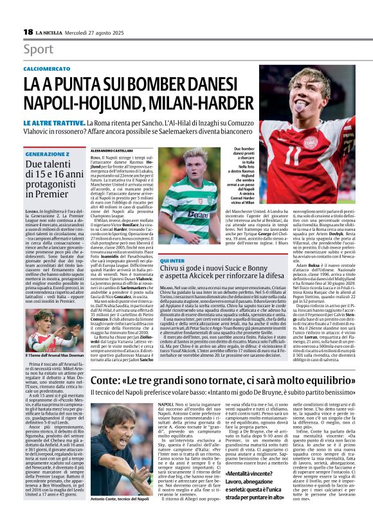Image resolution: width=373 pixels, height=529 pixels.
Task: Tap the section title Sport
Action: [38, 49]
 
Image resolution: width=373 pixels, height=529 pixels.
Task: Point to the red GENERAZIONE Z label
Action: [47, 154]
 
